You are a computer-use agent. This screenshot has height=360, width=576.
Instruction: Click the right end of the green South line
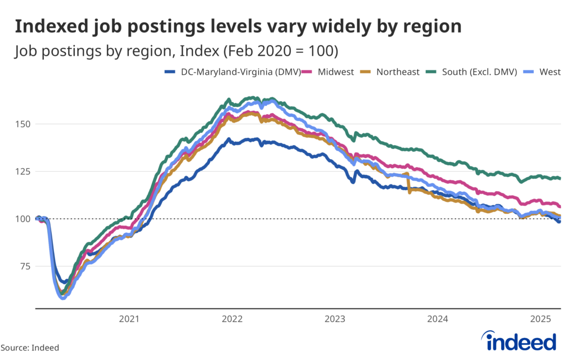pos(560,178)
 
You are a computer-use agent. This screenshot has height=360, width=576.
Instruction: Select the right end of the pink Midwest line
pos(560,206)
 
